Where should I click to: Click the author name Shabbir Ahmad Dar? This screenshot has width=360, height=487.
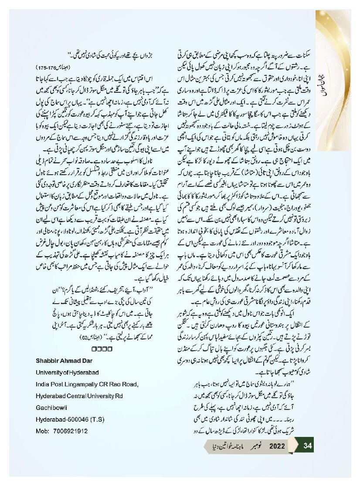click(62, 360)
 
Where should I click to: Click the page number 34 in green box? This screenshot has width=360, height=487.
click(308, 446)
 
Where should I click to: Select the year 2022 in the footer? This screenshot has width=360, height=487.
click(277, 446)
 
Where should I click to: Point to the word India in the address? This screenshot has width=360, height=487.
click(44, 384)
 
